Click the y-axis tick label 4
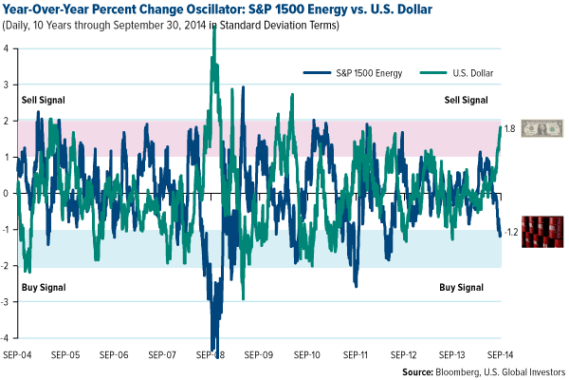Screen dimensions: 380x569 [x=7, y=48]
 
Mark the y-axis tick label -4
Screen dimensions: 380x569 [x=6, y=338]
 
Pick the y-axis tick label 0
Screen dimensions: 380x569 [x=7, y=193]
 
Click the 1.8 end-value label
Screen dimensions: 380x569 [x=508, y=128]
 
